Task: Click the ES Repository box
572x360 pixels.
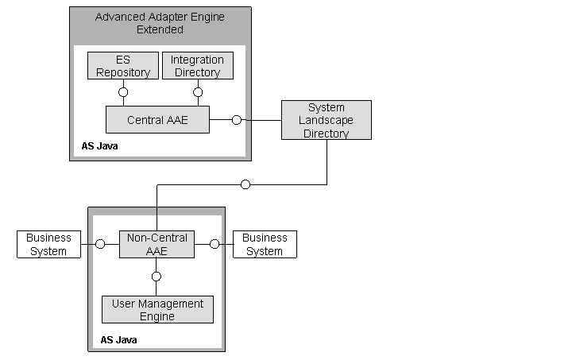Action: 123,66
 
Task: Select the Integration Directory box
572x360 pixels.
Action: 198,66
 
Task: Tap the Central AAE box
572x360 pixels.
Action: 157,120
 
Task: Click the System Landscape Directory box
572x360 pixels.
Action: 326,120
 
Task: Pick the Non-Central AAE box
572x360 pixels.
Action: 157,244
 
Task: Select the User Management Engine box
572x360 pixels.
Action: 157,310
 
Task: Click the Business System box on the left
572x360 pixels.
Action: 48,244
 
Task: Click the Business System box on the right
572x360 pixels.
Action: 265,244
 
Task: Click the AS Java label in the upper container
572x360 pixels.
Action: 99,146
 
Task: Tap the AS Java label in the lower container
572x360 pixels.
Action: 118,340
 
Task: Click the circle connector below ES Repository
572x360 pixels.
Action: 123,92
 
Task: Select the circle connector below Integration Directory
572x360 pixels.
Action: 198,92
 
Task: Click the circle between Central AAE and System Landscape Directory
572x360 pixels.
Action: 236,120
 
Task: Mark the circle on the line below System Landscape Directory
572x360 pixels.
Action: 245,184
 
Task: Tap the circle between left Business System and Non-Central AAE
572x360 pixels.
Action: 100,244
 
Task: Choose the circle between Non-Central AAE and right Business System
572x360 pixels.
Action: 214,244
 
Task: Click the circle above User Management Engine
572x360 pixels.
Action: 157,277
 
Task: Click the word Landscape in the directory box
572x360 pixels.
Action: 326,120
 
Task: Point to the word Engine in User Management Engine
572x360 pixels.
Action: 157,316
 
